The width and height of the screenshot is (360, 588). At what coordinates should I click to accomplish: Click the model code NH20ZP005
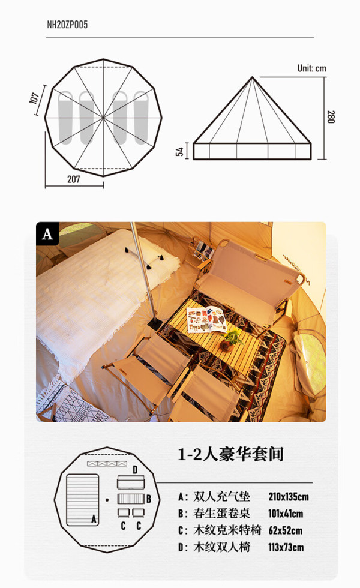[67, 25]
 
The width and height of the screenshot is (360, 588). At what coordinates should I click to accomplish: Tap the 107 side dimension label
[35, 98]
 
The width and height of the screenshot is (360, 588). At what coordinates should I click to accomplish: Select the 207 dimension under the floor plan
[73, 179]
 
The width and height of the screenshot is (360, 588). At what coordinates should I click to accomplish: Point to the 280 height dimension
[331, 116]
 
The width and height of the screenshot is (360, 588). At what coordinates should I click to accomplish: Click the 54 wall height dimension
[179, 151]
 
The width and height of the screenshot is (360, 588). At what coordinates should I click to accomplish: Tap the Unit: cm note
[311, 68]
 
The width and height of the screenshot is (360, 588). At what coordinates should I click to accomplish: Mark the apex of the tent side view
[253, 77]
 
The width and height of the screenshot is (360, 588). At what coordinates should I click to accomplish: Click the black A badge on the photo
[47, 233]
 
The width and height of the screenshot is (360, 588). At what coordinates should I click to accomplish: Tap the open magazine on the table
[206, 320]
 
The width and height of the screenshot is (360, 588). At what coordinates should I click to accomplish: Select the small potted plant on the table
[229, 340]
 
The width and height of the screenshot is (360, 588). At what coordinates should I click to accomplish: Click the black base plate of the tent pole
[155, 323]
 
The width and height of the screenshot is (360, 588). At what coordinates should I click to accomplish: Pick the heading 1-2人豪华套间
[230, 454]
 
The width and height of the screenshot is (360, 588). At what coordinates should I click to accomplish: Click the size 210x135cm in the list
[289, 497]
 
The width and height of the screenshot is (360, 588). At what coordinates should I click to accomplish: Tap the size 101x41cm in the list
[286, 514]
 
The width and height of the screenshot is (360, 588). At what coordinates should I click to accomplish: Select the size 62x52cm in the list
[285, 530]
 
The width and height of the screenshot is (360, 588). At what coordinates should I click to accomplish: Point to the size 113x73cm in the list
[286, 547]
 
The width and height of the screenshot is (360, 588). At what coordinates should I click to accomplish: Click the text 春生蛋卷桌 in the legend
[221, 514]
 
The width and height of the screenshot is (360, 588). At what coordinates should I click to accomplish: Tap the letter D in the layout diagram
[136, 470]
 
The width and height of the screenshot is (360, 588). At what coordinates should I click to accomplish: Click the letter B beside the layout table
[149, 499]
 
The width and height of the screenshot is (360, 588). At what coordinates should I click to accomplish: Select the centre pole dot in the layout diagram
[107, 500]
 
